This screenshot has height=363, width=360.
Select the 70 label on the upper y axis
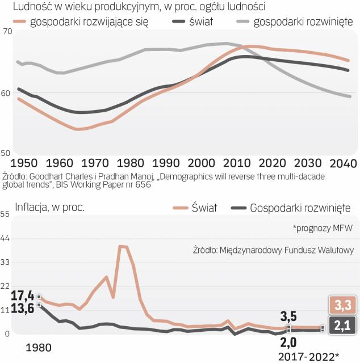pos(6,32)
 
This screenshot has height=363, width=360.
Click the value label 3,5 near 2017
pos(288,315)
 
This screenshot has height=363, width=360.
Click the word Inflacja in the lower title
pos(34,207)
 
